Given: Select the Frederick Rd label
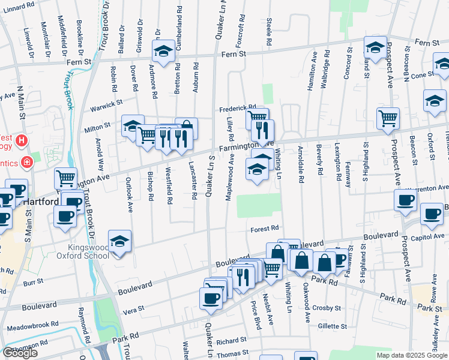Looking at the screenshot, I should click(x=237, y=108).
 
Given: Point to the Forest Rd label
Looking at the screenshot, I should click(x=265, y=229).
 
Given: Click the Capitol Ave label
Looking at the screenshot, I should click(x=427, y=237).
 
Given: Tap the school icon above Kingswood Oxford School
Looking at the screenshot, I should click(x=119, y=241).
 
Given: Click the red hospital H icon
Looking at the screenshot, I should click(x=22, y=141).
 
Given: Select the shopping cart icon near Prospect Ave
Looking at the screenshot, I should click(x=388, y=118).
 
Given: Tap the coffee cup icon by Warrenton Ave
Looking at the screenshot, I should click(x=405, y=200).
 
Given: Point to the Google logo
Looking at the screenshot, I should click(x=20, y=352).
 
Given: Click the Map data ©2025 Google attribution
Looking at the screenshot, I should click(x=411, y=355).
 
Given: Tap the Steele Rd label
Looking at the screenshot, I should click(x=269, y=34).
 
